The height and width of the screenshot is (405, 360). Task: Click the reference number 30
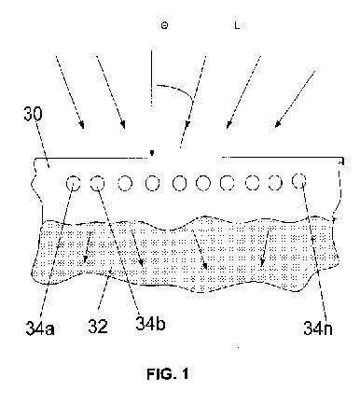pos(33,114)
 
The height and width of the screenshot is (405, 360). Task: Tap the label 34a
pos(40,328)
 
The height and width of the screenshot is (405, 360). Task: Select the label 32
pos(98,327)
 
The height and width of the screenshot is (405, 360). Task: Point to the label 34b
pos(150,324)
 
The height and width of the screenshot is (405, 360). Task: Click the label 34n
pos(318,328)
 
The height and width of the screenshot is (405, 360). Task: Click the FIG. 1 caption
pos(168,373)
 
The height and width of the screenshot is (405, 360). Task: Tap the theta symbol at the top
pos(164,25)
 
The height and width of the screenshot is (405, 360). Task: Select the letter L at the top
pos(237,25)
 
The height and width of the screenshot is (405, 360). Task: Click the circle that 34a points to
pos(74,183)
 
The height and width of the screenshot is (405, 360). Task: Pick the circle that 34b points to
pos(97,183)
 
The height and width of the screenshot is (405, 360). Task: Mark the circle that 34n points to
pos(299,180)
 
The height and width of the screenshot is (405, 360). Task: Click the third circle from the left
pos(125,183)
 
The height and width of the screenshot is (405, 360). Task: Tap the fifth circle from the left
pos(179,183)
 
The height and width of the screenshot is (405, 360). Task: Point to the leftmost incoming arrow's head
pos(82,125)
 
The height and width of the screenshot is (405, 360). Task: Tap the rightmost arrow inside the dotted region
pos(265,248)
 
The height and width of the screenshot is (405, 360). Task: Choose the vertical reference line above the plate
pos(151,78)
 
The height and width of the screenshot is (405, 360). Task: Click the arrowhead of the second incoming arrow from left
pos(123,125)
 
